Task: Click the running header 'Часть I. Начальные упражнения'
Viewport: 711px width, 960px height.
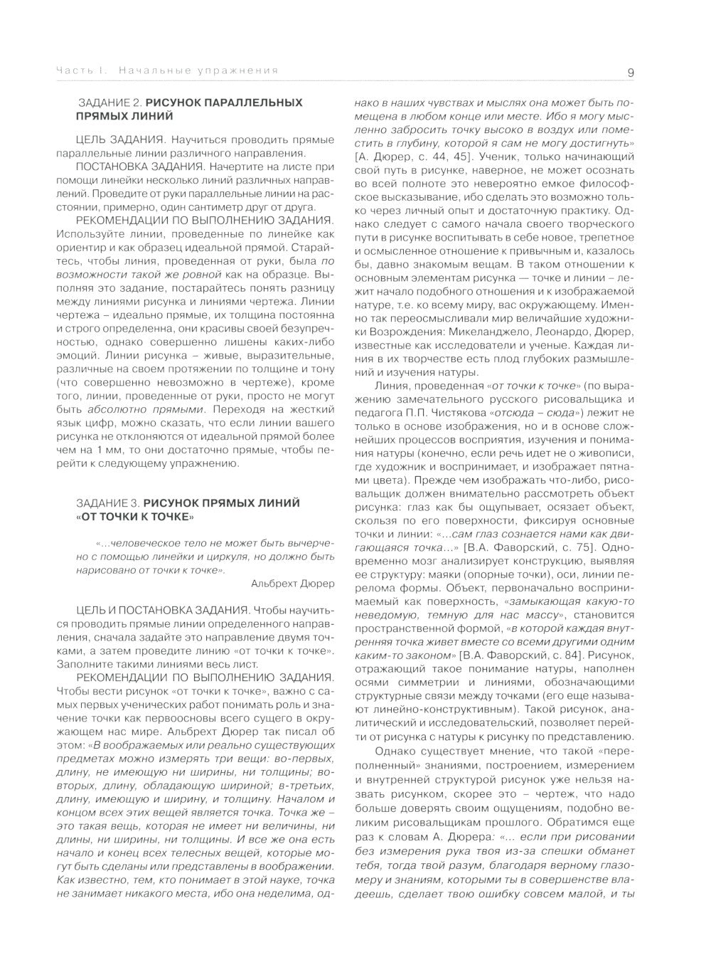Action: (x=168, y=70)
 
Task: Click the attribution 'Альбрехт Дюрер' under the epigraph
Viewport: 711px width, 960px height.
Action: (x=292, y=584)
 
